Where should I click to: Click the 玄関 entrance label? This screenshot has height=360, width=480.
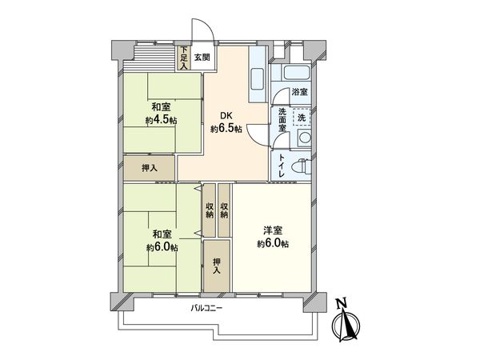pyautogui.click(x=202, y=58)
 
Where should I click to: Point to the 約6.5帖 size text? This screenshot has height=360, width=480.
pyautogui.click(x=226, y=129)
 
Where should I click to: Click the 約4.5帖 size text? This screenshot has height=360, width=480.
pyautogui.click(x=161, y=121)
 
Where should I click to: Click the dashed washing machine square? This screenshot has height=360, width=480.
pyautogui.click(x=301, y=118)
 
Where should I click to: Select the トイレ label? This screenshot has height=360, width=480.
pyautogui.click(x=283, y=166)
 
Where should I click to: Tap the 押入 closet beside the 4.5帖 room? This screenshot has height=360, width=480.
pyautogui.click(x=149, y=168)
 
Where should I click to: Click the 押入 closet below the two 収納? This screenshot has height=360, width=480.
pyautogui.click(x=215, y=265)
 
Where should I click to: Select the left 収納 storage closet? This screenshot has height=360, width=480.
pyautogui.click(x=209, y=210)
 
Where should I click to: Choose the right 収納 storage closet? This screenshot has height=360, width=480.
pyautogui.click(x=224, y=210)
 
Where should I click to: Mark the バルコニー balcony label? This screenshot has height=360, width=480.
pyautogui.click(x=206, y=308)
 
